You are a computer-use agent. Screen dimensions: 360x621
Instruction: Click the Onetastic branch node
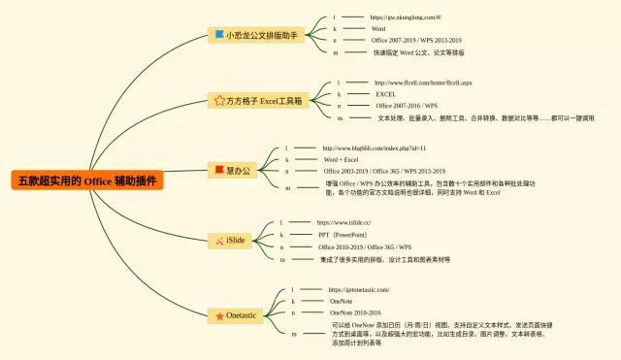238,315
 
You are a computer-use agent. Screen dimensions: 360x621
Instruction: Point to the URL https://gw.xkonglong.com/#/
406,17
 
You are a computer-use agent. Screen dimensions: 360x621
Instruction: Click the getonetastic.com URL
359,290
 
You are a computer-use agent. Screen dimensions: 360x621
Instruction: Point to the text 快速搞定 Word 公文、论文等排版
418,52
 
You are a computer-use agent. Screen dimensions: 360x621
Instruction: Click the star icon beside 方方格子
219,100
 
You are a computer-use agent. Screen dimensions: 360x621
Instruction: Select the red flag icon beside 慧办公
219,170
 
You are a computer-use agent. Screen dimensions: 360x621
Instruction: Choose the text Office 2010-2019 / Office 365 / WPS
365,247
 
